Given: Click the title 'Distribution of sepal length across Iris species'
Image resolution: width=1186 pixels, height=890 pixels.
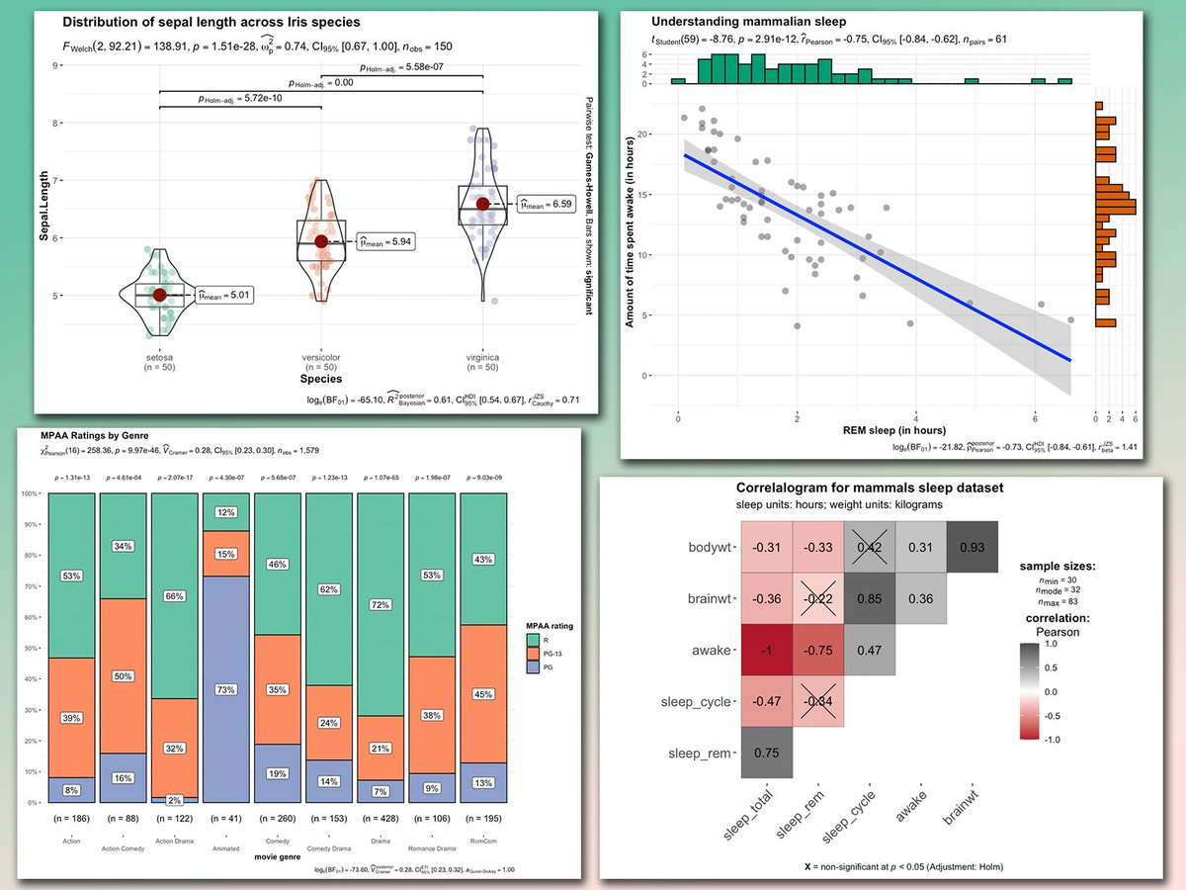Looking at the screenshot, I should (x=212, y=22).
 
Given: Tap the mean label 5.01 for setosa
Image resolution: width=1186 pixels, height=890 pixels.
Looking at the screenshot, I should (x=225, y=295).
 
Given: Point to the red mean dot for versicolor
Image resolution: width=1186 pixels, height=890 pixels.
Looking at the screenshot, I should (x=321, y=241).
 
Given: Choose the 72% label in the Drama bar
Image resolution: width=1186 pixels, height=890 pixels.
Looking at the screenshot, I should (x=381, y=603).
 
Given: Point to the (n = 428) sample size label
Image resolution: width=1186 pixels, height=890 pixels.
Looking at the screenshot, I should (x=381, y=820).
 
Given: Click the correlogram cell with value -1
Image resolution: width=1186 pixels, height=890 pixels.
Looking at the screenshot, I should (x=765, y=651).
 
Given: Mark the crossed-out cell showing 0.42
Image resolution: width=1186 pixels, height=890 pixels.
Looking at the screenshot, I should (x=869, y=547).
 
